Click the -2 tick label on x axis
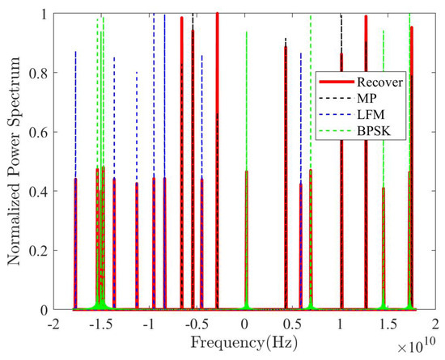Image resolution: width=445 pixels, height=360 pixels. click(x=53, y=324)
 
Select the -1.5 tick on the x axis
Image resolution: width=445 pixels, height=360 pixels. click(x=100, y=324)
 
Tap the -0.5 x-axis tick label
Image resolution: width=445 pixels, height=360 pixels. click(x=195, y=324)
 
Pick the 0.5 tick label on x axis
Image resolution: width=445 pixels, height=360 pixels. click(x=292, y=324)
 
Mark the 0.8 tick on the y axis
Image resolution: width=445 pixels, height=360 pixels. click(x=37, y=73)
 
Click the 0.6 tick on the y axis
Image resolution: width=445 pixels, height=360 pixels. click(x=37, y=132)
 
